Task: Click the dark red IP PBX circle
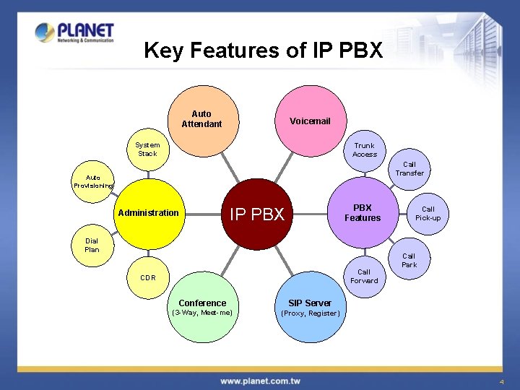point(257,213)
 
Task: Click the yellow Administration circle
point(149,212)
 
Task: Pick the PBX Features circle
point(363,212)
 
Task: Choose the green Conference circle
point(202,308)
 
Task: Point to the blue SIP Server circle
point(310,308)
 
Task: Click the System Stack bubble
point(148,149)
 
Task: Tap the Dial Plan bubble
point(92,246)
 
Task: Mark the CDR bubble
point(148,277)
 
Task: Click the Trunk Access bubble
point(364,149)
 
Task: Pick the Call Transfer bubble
point(409,168)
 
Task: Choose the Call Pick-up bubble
point(428,213)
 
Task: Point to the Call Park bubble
point(409,260)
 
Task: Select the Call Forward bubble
point(364,277)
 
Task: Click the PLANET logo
point(75,32)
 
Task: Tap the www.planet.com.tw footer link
point(260,381)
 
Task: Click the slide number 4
point(500,381)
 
